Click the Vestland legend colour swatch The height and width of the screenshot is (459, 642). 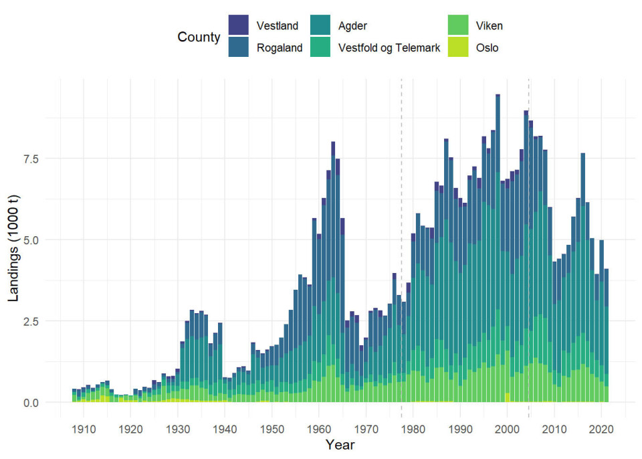coord(237,25)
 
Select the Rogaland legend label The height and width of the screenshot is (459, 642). coord(280,48)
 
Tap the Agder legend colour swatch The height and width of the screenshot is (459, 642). coord(322,25)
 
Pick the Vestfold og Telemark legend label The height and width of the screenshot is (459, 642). coord(389,48)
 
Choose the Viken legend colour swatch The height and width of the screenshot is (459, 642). coord(457,25)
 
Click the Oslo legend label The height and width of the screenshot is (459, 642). coord(487,48)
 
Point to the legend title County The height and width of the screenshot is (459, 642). coord(199,37)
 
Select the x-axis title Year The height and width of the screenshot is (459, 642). coord(340,444)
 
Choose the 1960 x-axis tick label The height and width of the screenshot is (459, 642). coord(318,427)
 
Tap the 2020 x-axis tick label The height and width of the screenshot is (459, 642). coord(601,427)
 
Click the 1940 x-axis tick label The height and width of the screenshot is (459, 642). coord(224,427)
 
